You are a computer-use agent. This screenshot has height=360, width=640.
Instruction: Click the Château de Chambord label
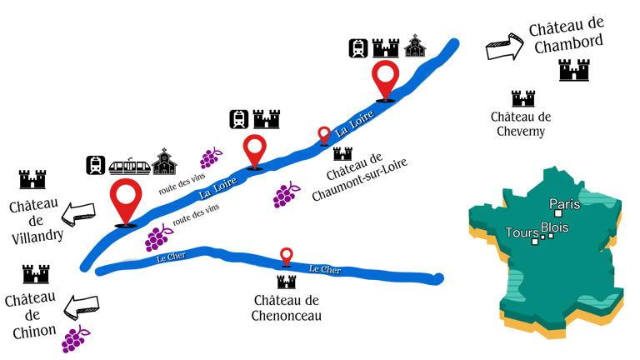tap(567, 37)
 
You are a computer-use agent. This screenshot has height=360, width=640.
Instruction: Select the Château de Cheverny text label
tap(521, 124)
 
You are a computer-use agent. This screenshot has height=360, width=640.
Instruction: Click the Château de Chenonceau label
tap(287, 307)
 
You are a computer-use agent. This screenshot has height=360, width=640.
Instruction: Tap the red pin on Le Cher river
tap(287, 257)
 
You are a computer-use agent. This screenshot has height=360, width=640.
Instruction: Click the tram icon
tap(129, 165)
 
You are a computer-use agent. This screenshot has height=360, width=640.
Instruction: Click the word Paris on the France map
tap(564, 204)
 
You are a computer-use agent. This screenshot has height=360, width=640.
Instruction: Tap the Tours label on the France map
tap(521, 232)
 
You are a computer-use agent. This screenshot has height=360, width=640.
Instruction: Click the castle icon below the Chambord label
tap(573, 71)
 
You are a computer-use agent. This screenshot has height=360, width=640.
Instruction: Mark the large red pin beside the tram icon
tap(126, 201)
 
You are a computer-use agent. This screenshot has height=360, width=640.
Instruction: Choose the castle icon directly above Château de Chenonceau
tap(287, 282)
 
